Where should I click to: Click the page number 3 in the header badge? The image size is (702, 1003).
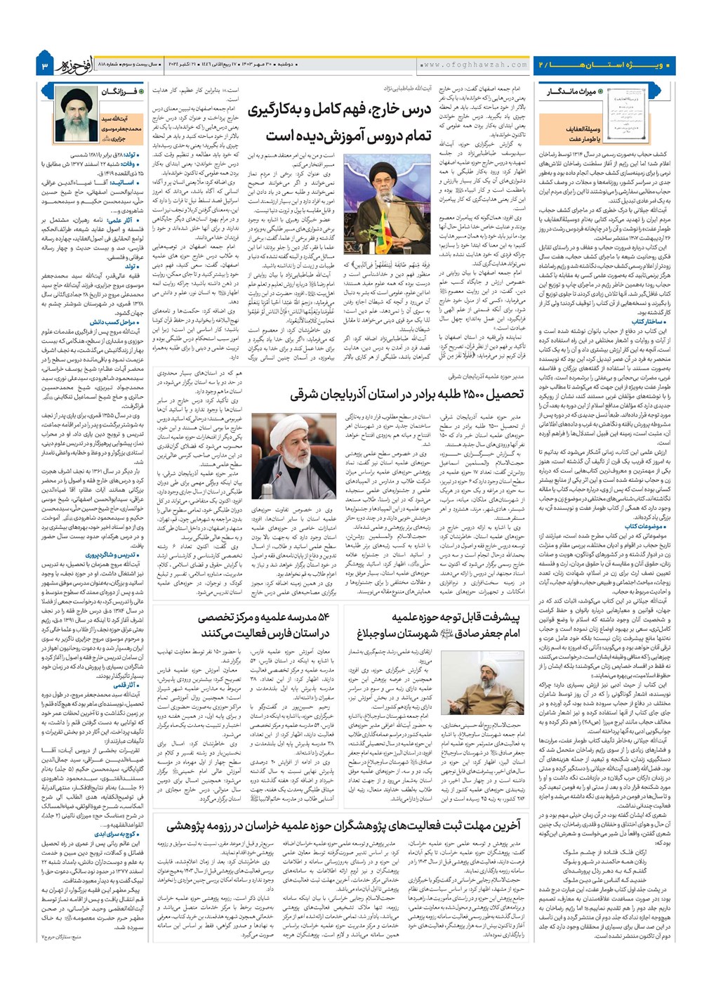pyautogui.click(x=44, y=65)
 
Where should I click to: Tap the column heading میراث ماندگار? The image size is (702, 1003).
pyautogui.click(x=574, y=91)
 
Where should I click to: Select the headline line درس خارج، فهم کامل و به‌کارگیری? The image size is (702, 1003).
pyautogui.click(x=338, y=110)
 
